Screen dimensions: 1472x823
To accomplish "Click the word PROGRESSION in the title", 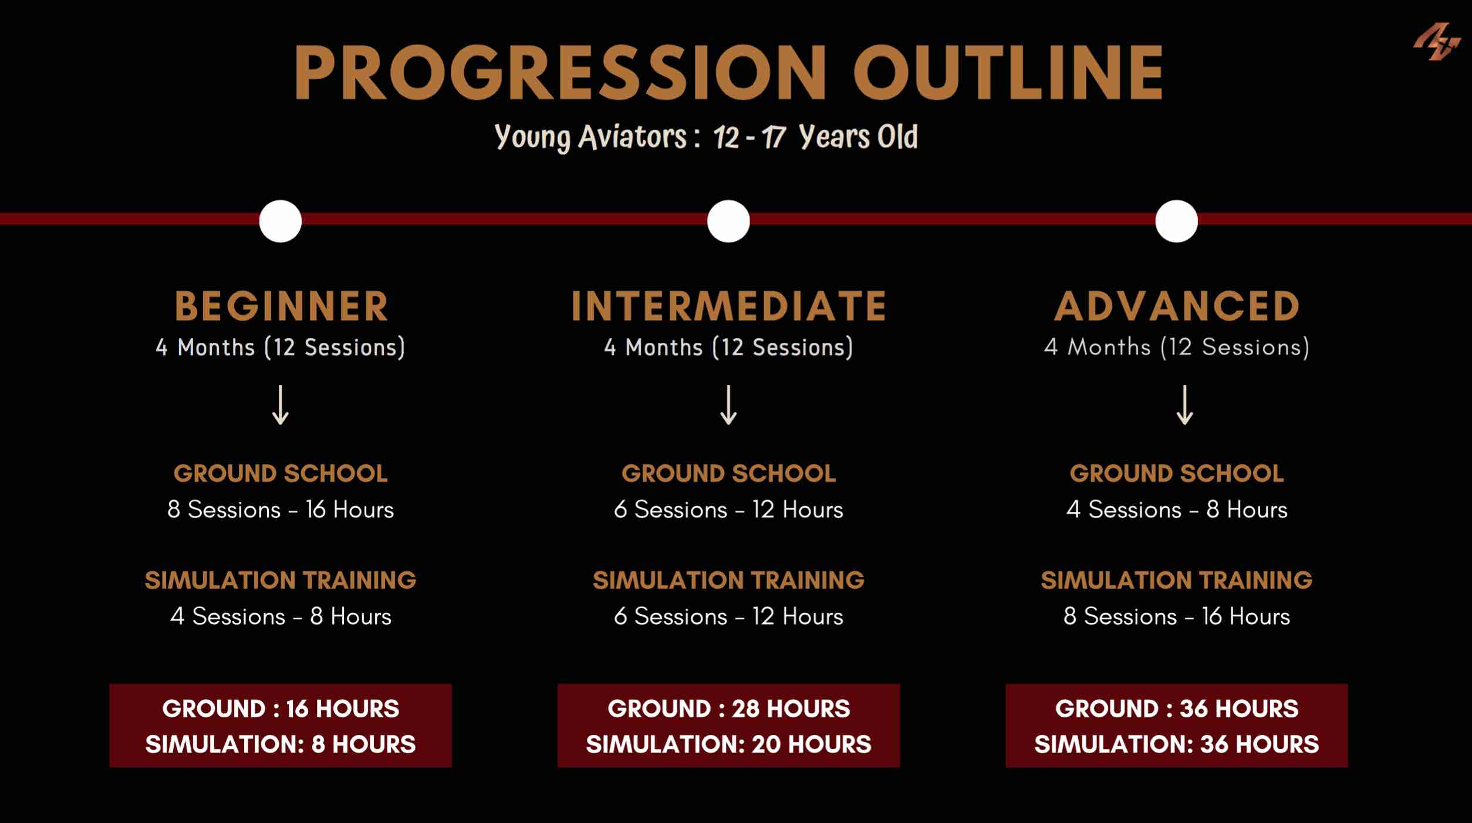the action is click(560, 72).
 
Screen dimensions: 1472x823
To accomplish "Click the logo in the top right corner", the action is click(1436, 41).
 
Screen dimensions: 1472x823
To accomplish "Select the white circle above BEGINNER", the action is click(281, 221).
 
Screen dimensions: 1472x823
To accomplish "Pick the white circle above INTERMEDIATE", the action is click(728, 221).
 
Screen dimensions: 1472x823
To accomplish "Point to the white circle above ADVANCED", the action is click(1176, 221).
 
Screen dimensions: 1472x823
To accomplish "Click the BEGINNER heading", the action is click(281, 306).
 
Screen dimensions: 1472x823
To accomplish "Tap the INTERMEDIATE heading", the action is click(728, 306).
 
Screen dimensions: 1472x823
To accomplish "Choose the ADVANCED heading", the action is click(1177, 306).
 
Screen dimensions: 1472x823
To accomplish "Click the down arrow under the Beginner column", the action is click(281, 405).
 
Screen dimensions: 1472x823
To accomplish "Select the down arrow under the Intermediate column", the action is click(728, 405).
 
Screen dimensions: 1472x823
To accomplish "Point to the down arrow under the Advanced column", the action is click(1184, 405).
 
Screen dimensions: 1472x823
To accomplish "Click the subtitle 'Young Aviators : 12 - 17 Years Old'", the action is click(706, 137).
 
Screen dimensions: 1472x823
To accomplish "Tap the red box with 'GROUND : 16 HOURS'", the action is click(281, 726).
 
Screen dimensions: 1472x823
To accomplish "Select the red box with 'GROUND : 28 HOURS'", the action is click(728, 726).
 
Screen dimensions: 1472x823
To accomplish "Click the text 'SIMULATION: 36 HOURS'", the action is click(1177, 744).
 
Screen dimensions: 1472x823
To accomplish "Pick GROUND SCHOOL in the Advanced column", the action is click(1177, 474).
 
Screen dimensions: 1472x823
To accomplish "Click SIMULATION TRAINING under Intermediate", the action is click(728, 581).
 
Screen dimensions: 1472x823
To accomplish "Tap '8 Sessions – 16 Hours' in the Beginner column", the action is click(281, 510).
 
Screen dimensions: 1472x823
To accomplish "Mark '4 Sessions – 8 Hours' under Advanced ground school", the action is click(1177, 510).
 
